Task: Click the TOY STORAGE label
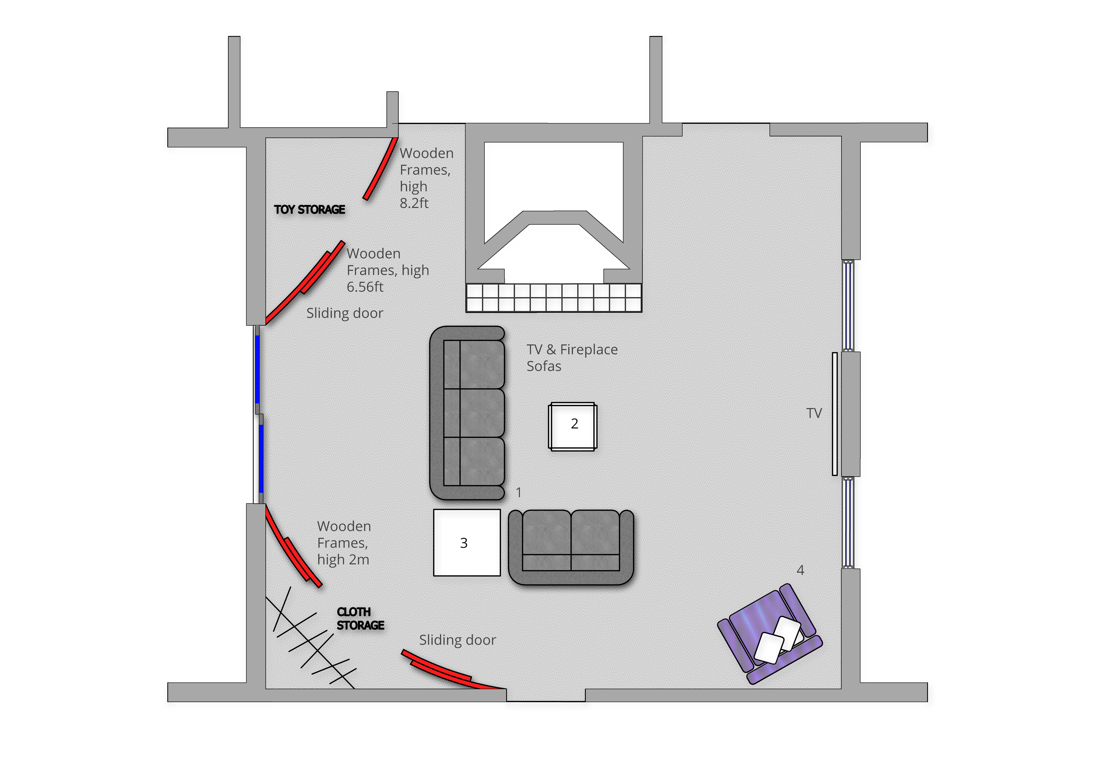[309, 209]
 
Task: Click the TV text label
[814, 413]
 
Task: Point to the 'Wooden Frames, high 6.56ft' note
[387, 270]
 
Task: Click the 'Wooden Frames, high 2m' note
[344, 543]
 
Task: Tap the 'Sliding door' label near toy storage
[344, 313]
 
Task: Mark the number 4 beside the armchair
[800, 570]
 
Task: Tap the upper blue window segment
[258, 369]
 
